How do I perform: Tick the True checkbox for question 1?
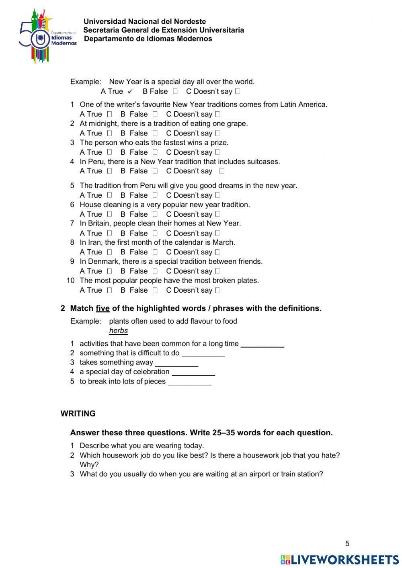pyautogui.click(x=109, y=114)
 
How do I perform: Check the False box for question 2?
pyautogui.click(x=155, y=133)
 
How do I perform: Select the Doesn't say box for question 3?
pyautogui.click(x=217, y=152)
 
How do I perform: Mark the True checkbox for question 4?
pyautogui.click(x=109, y=171)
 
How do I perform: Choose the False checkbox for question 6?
pyautogui.click(x=155, y=214)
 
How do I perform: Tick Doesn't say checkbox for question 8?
pyautogui.click(x=217, y=252)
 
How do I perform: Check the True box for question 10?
pyautogui.click(x=109, y=290)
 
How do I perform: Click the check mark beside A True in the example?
pyautogui.click(x=130, y=92)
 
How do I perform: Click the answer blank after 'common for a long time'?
pyautogui.click(x=262, y=344)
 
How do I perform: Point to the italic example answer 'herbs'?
pyautogui.click(x=118, y=331)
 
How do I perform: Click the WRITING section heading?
pyautogui.click(x=78, y=414)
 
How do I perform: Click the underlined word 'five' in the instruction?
pyautogui.click(x=103, y=308)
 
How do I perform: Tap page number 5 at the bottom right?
pyautogui.click(x=347, y=543)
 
